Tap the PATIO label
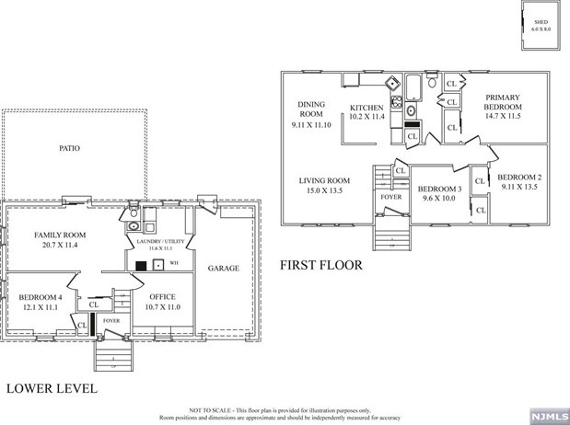pos(70,148)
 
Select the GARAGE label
pos(223,268)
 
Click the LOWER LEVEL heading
pos(52,388)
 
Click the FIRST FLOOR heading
pos(321,265)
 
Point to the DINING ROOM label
pos(311,109)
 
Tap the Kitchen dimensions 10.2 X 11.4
pos(366,117)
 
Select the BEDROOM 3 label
pos(439,188)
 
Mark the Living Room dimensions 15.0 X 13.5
pos(324,191)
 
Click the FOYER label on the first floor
pos(390,197)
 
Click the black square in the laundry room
pos(141,266)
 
